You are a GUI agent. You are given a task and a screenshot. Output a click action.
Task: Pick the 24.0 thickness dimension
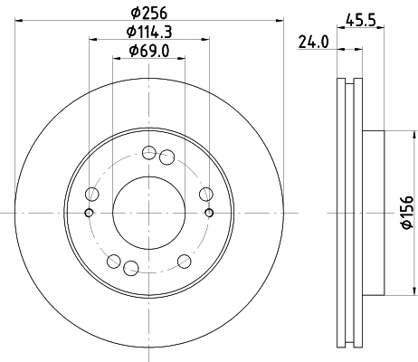pyautogui.click(x=313, y=41)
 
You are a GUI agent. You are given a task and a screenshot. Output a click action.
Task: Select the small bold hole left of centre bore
pyautogui.click(x=88, y=213)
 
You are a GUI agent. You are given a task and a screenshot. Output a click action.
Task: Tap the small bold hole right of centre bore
pyautogui.click(x=208, y=213)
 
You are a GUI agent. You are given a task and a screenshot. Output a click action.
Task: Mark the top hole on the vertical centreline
pyautogui.click(x=148, y=153)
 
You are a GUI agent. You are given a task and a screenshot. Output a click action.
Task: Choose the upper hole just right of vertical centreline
pyautogui.click(x=166, y=158)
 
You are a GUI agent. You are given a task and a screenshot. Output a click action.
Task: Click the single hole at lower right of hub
pyautogui.click(x=184, y=261)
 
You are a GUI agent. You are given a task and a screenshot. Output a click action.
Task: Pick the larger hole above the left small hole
pyautogui.click(x=90, y=193)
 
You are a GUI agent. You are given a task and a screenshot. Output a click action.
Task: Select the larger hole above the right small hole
pyautogui.click(x=205, y=193)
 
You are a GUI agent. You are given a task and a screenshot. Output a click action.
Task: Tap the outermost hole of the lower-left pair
pyautogui.click(x=113, y=262)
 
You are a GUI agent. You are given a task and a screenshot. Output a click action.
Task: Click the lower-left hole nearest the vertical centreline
pyautogui.click(x=130, y=267)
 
